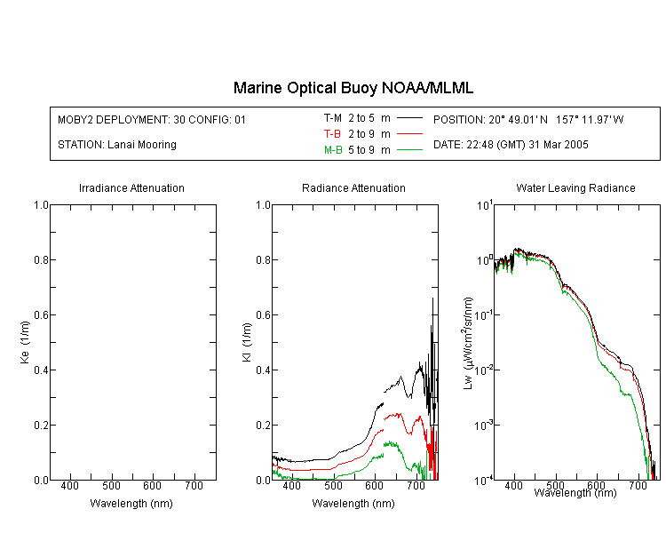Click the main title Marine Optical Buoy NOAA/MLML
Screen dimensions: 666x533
click(353, 88)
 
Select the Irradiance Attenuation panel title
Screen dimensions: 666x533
click(131, 188)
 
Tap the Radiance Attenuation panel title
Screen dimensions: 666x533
click(353, 188)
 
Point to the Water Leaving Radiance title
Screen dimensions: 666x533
click(575, 188)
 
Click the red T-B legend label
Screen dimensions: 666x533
click(332, 134)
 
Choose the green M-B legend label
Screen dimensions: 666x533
click(333, 150)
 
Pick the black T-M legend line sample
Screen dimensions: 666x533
click(409, 118)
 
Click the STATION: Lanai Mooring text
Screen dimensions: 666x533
click(117, 145)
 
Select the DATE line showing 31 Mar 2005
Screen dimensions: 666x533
click(511, 145)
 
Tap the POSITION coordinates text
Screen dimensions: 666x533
click(528, 119)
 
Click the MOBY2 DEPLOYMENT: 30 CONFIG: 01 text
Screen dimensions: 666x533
click(152, 119)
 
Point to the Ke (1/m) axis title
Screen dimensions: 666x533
click(25, 343)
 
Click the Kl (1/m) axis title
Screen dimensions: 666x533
click(247, 343)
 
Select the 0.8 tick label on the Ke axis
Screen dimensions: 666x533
click(41, 259)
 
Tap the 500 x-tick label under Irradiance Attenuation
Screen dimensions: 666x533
click(111, 486)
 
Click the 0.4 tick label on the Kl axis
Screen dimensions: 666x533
click(264, 370)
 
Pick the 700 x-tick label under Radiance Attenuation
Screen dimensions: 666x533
click(416, 486)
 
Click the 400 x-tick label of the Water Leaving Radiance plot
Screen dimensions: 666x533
click(513, 485)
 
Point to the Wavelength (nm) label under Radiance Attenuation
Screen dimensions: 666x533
click(353, 504)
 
